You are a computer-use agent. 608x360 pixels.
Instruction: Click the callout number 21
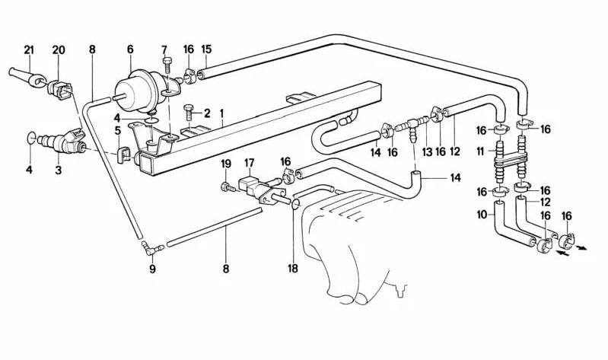pyautogui.click(x=29, y=50)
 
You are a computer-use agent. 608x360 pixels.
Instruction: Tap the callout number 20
pyautogui.click(x=59, y=50)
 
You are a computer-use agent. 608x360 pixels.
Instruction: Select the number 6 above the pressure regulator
pyautogui.click(x=130, y=50)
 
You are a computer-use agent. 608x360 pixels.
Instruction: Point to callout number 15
pyautogui.click(x=206, y=50)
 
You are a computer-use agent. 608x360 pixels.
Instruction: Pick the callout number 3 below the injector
pyautogui.click(x=59, y=170)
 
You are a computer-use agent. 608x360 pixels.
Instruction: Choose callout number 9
pyautogui.click(x=151, y=269)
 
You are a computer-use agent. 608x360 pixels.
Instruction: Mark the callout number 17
pyautogui.click(x=250, y=163)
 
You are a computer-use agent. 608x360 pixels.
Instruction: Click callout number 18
pyautogui.click(x=293, y=269)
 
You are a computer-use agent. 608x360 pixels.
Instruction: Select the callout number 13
pyautogui.click(x=427, y=151)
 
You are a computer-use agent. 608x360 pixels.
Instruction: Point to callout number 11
pyautogui.click(x=481, y=151)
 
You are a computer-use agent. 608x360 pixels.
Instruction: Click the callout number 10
pyautogui.click(x=481, y=215)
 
